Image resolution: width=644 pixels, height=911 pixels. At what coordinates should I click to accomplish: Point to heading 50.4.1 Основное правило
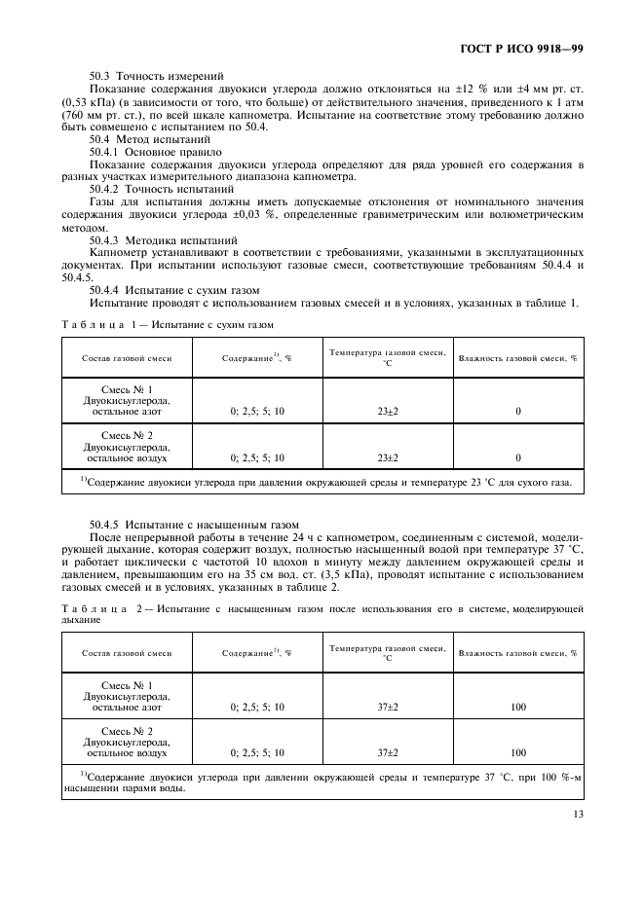[x=155, y=152]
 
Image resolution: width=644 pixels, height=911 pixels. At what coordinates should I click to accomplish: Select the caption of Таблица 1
[x=167, y=323]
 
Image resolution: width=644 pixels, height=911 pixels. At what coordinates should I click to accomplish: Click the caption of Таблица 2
[x=322, y=613]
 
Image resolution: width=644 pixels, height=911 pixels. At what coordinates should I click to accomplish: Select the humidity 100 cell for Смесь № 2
[x=517, y=752]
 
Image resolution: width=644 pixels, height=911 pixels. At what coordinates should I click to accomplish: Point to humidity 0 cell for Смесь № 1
[x=517, y=412]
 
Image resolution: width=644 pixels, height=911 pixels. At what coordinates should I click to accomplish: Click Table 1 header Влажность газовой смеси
[x=517, y=358]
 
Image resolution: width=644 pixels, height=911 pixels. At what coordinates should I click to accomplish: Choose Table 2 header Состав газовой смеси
[x=127, y=653]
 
